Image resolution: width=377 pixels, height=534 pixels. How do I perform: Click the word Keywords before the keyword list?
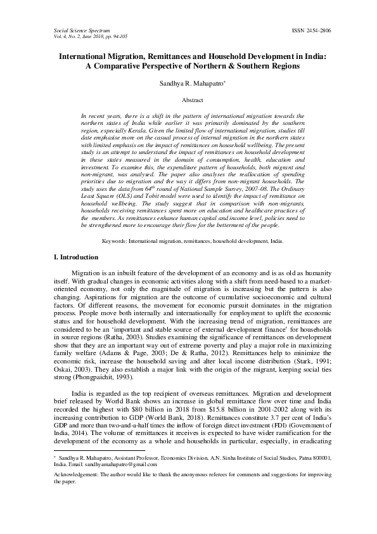tap(116, 241)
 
